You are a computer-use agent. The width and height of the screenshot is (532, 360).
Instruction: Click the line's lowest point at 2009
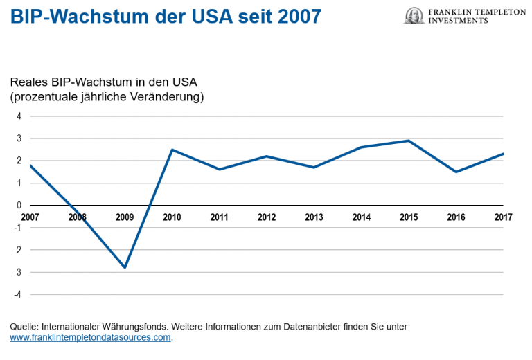tap(125, 267)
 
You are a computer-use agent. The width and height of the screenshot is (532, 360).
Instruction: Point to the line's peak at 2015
tap(409, 141)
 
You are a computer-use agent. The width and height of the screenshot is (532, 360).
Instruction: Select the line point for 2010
tap(172, 150)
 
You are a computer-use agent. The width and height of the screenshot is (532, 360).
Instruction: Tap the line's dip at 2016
tap(456, 172)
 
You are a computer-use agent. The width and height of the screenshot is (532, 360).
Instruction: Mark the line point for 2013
tap(314, 167)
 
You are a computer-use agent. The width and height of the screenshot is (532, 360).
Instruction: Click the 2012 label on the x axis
tap(267, 217)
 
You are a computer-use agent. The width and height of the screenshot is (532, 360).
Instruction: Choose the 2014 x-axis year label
tap(361, 217)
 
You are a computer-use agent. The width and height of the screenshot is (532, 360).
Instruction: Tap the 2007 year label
tap(30, 217)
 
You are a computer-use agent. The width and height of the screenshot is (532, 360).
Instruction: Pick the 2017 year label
tap(503, 217)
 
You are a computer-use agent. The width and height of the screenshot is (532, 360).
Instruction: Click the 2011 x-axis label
tap(219, 217)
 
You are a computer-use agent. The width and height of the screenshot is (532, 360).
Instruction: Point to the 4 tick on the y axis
tap(19, 116)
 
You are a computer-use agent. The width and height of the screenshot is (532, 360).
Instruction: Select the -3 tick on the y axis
tap(17, 272)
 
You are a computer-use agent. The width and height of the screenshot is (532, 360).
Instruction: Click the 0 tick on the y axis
tap(19, 206)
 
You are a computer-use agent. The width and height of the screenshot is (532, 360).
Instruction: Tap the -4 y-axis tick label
tap(17, 294)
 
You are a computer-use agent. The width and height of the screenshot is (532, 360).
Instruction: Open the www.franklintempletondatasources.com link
tap(90, 338)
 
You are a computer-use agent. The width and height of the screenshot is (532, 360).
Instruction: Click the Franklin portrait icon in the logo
tap(414, 15)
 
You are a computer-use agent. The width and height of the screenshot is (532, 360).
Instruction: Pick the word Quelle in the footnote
tap(24, 326)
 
